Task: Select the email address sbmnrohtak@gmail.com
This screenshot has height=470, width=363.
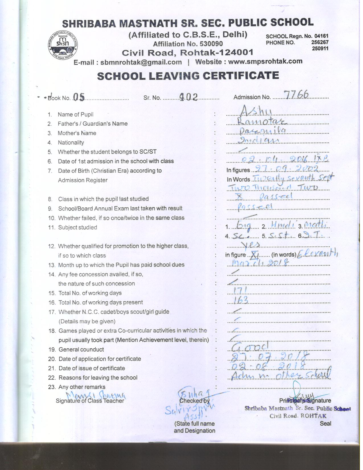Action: [141, 62]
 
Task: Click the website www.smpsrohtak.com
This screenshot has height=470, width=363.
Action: [265, 62]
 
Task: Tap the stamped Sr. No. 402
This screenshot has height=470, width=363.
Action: [188, 97]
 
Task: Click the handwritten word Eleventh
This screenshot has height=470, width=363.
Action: [317, 253]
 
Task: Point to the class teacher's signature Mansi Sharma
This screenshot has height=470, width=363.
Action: [96, 395]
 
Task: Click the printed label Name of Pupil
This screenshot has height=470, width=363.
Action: [75, 115]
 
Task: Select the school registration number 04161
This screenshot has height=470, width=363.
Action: [321, 36]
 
